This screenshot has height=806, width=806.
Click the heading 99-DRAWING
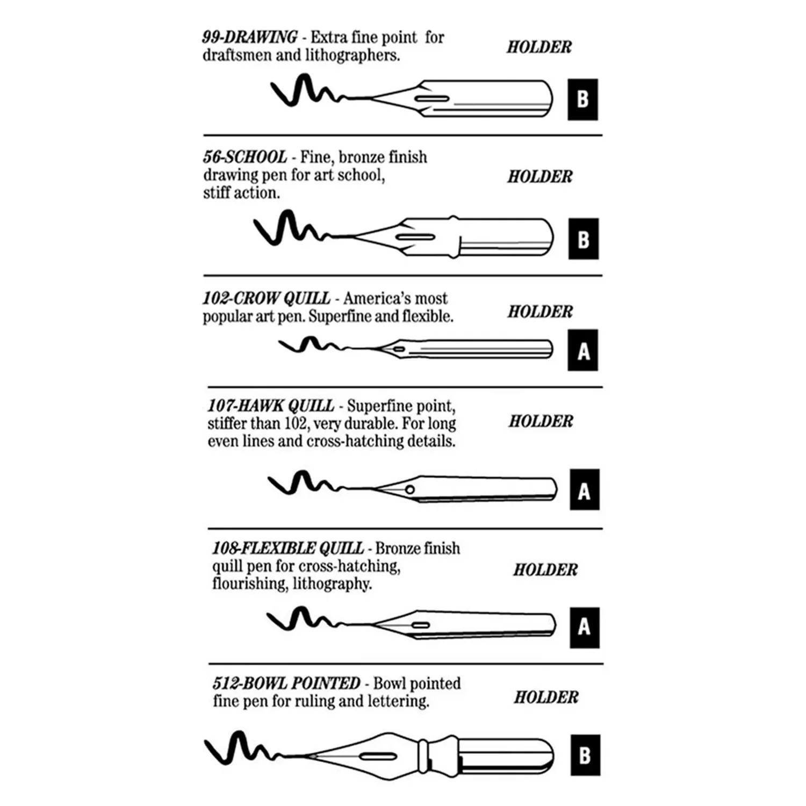[249, 37]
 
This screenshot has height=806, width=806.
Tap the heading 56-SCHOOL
[245, 157]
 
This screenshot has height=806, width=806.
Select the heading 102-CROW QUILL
[267, 298]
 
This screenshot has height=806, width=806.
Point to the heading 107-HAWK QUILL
[271, 406]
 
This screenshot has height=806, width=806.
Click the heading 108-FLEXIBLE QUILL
[287, 548]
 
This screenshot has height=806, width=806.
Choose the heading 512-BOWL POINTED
[286, 683]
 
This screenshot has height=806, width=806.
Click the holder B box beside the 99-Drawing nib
[583, 100]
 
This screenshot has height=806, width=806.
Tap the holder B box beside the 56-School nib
[584, 239]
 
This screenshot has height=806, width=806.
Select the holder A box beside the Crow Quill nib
[583, 350]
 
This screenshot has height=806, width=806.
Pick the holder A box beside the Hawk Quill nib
[585, 490]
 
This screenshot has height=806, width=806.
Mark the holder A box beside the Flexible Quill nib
[585, 628]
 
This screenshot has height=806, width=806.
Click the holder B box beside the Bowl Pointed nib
[585, 755]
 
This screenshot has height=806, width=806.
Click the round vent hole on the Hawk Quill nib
[410, 489]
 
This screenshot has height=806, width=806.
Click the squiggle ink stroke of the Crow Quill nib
[312, 344]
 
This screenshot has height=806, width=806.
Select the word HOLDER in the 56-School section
[540, 177]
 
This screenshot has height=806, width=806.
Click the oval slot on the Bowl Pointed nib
[378, 757]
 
